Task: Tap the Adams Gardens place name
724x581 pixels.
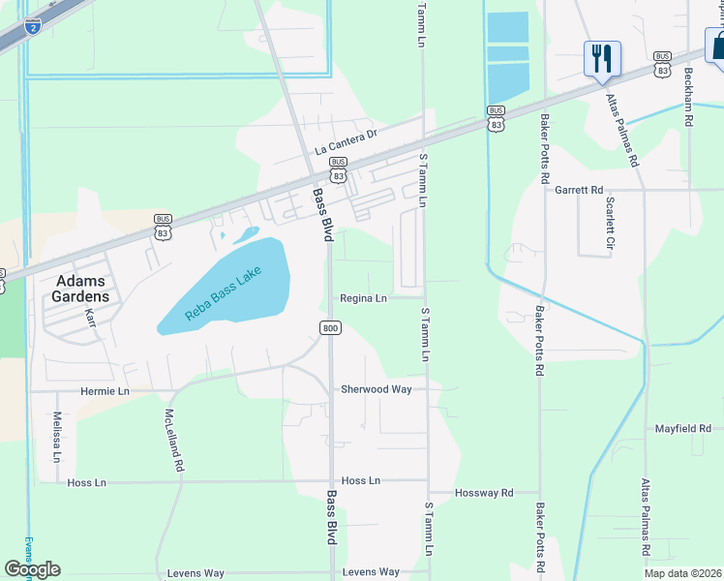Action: pyautogui.click(x=79, y=289)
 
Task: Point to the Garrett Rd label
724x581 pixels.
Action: pyautogui.click(x=579, y=190)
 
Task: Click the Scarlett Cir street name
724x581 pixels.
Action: pyautogui.click(x=610, y=226)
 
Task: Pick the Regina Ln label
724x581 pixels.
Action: pyautogui.click(x=362, y=298)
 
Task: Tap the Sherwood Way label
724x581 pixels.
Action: pyautogui.click(x=376, y=389)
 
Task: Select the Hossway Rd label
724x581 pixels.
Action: pyautogui.click(x=484, y=493)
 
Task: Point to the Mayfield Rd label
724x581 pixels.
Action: pyautogui.click(x=682, y=428)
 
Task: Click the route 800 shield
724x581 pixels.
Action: pyautogui.click(x=330, y=328)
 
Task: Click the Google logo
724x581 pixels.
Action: pyautogui.click(x=32, y=568)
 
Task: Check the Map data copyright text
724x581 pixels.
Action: pyautogui.click(x=682, y=573)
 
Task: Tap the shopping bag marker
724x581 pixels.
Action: pyautogui.click(x=717, y=45)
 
